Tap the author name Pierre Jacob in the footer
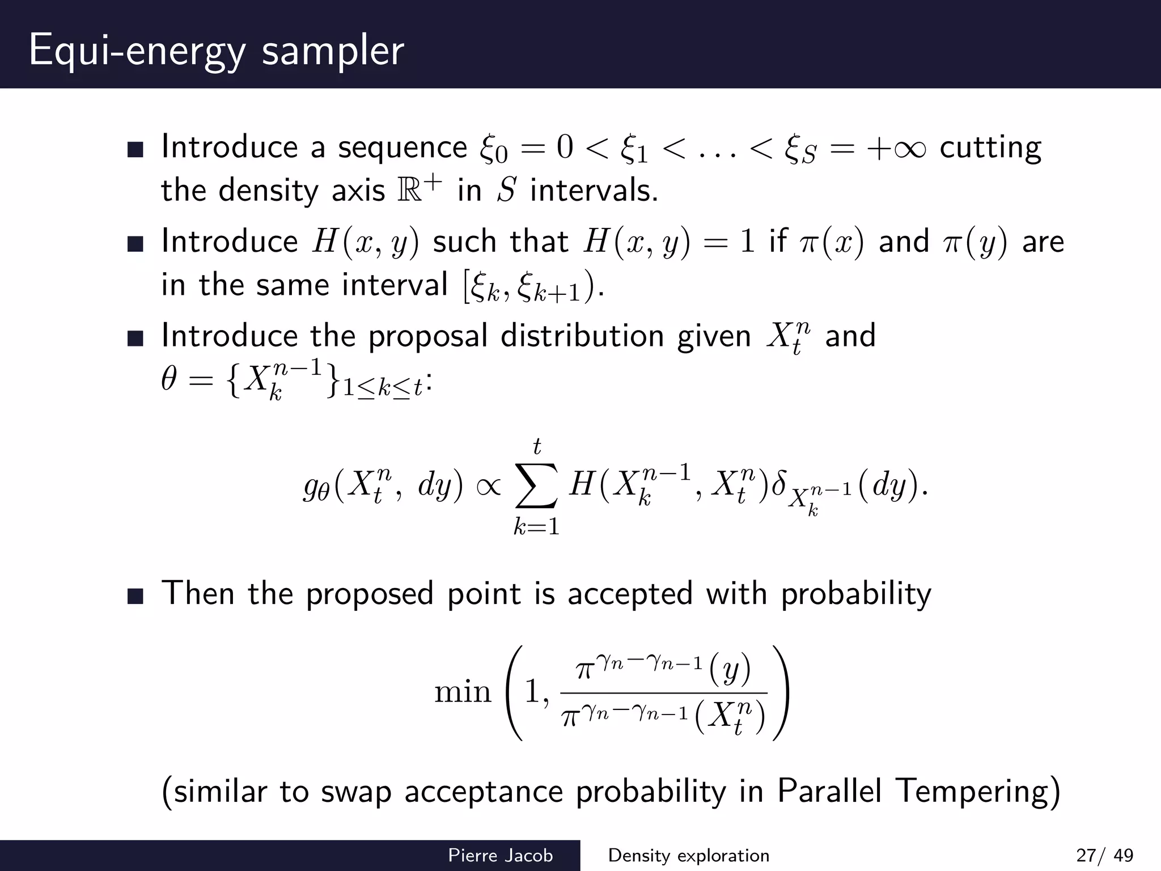(500, 855)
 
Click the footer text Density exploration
(688, 855)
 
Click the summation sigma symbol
(536, 486)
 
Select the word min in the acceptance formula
(463, 692)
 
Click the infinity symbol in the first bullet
(908, 149)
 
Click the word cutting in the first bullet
(990, 149)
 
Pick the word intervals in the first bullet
(594, 190)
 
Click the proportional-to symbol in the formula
(489, 486)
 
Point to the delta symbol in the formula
(778, 483)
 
